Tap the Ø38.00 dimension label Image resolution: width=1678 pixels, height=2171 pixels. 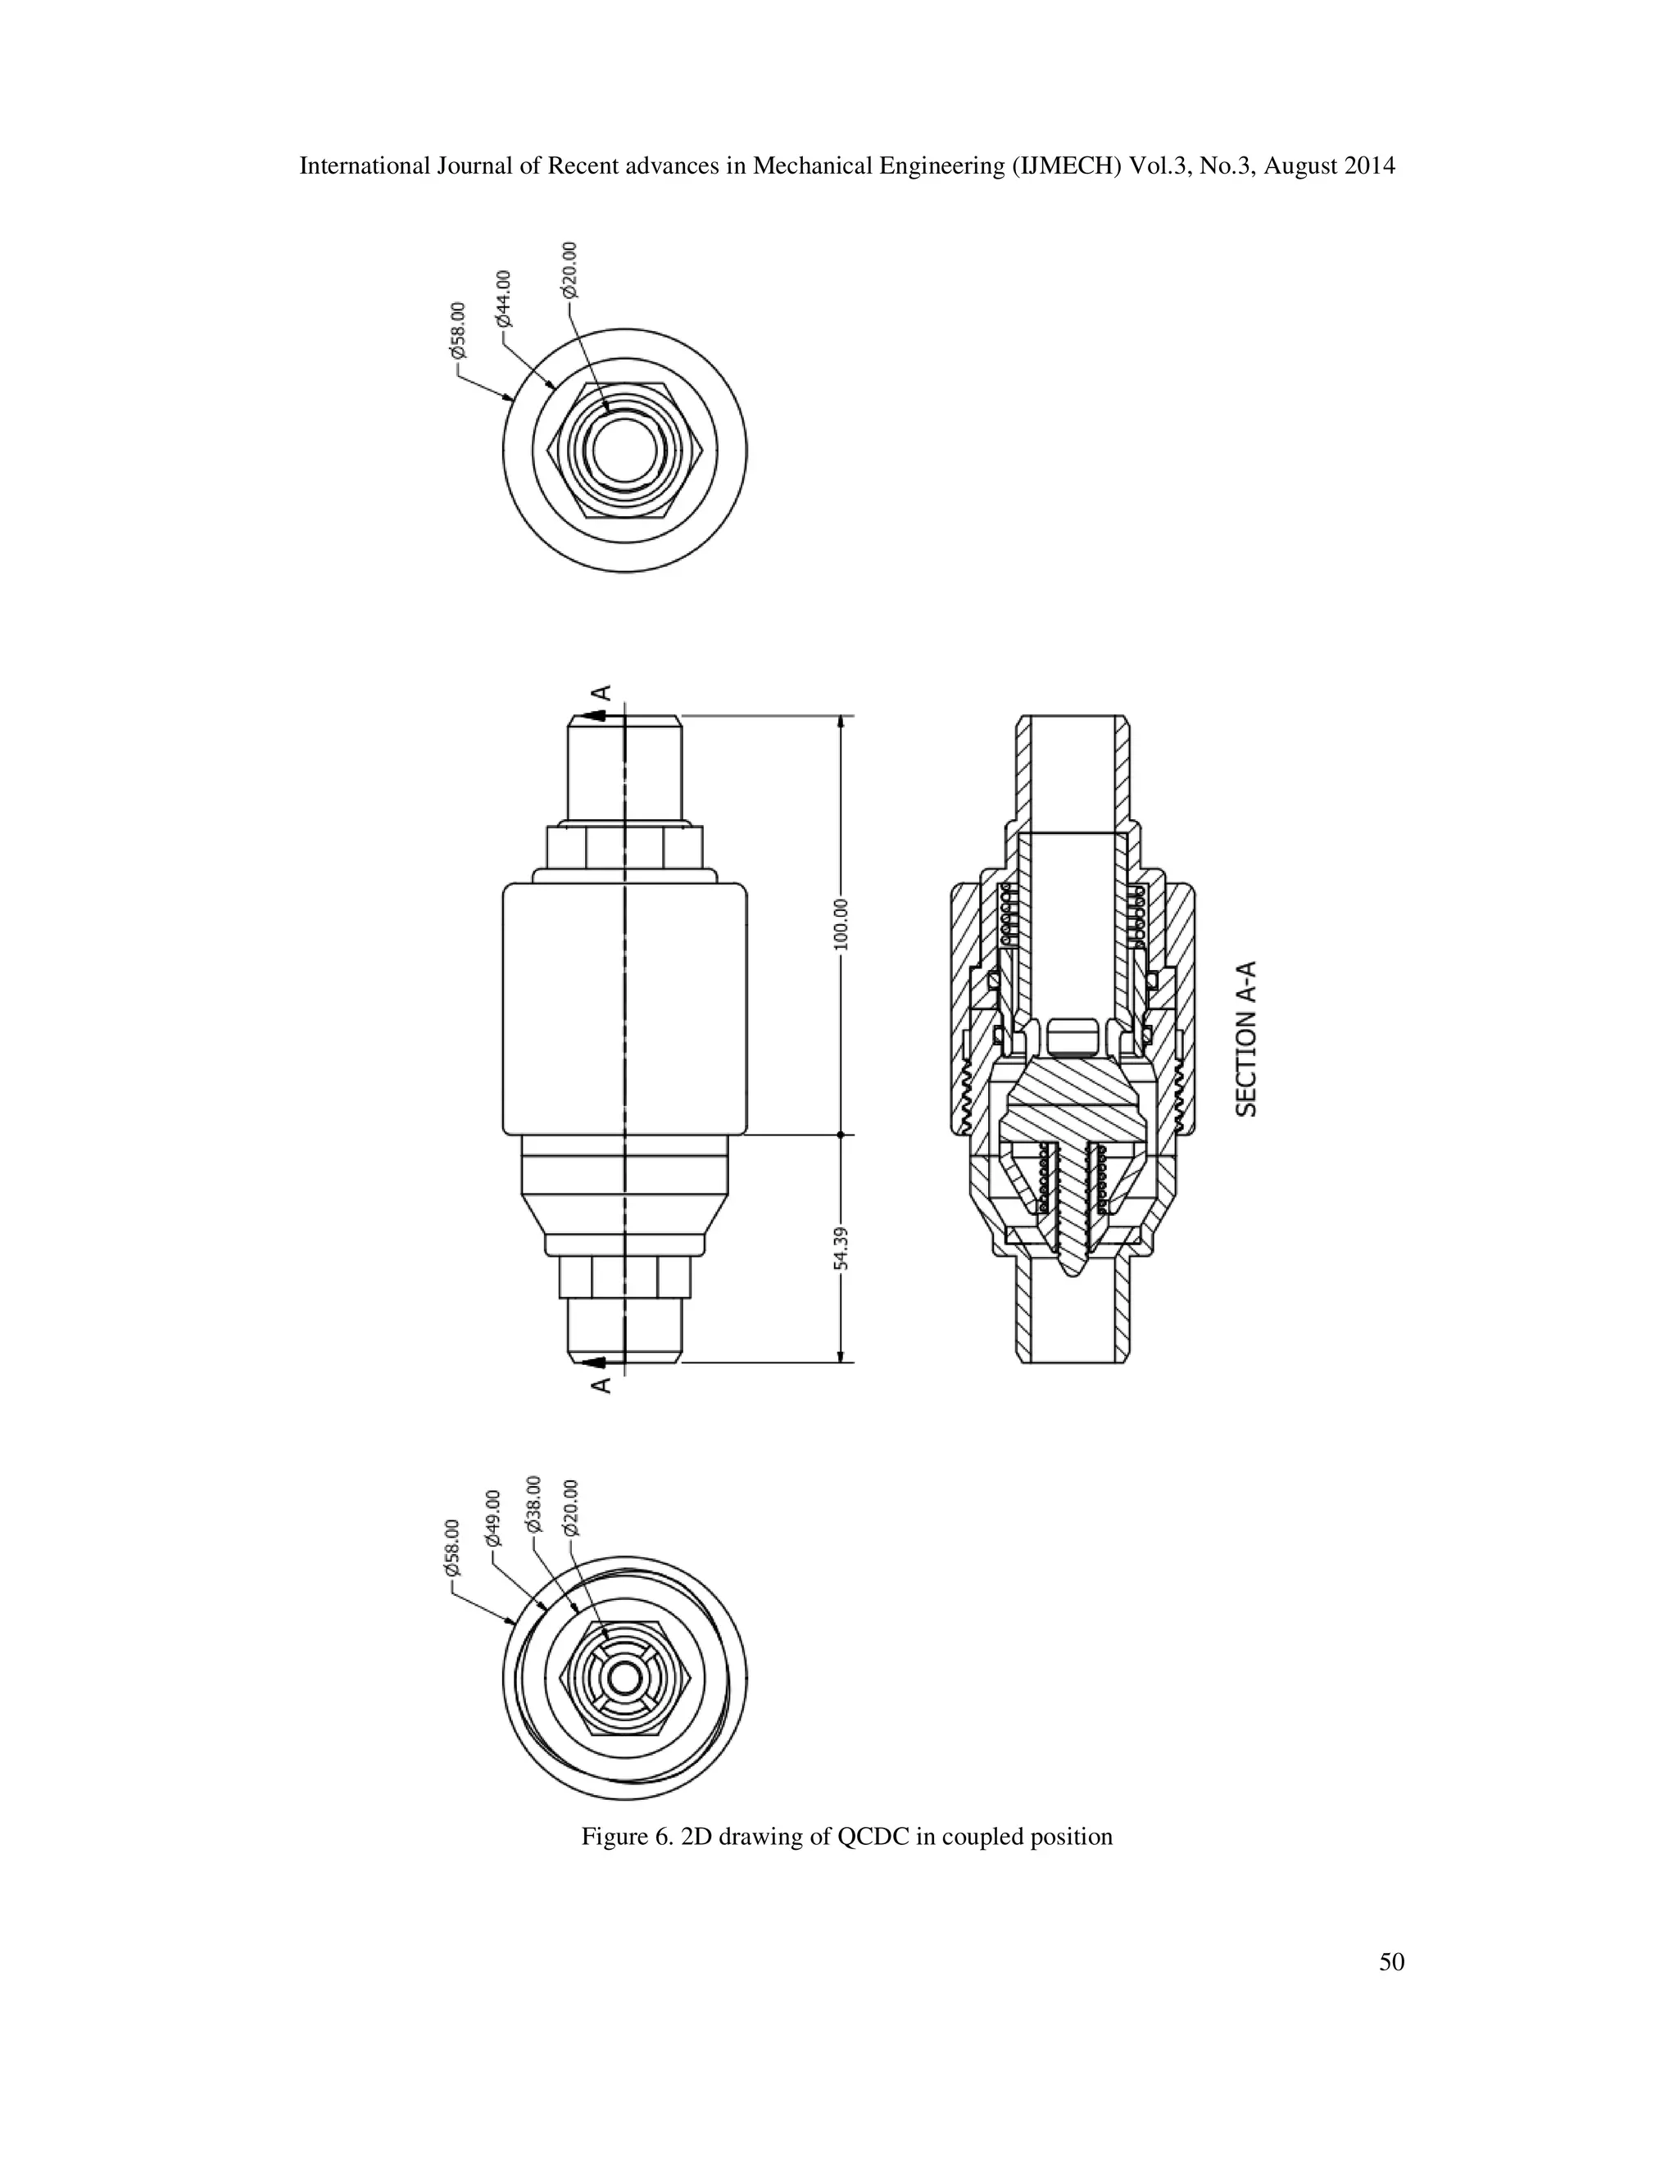coord(534,1503)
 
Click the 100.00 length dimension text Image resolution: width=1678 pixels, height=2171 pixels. coord(841,923)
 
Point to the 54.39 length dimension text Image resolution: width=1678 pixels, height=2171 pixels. coord(841,1248)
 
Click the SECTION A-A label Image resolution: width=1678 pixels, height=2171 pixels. coord(1246,1038)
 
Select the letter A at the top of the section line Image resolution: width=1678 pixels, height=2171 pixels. coord(601,693)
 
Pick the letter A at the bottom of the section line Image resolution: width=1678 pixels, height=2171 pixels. coord(601,1385)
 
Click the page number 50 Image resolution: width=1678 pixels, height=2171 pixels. coord(1392,1961)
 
